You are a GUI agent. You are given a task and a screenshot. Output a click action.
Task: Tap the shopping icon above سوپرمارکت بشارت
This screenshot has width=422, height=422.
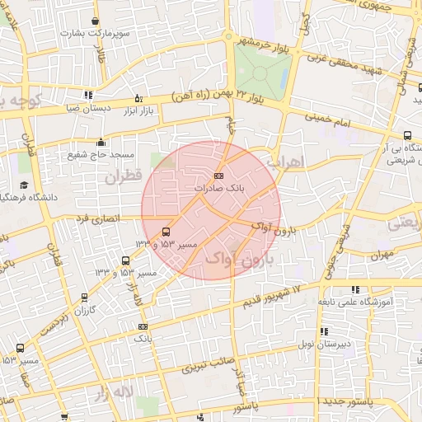96,21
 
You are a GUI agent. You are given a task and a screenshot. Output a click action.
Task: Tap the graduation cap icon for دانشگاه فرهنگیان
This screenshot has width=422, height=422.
23,185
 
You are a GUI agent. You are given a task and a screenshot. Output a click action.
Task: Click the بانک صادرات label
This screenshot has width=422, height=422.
218,189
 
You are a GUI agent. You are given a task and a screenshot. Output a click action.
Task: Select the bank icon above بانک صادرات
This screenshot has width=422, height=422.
218,176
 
